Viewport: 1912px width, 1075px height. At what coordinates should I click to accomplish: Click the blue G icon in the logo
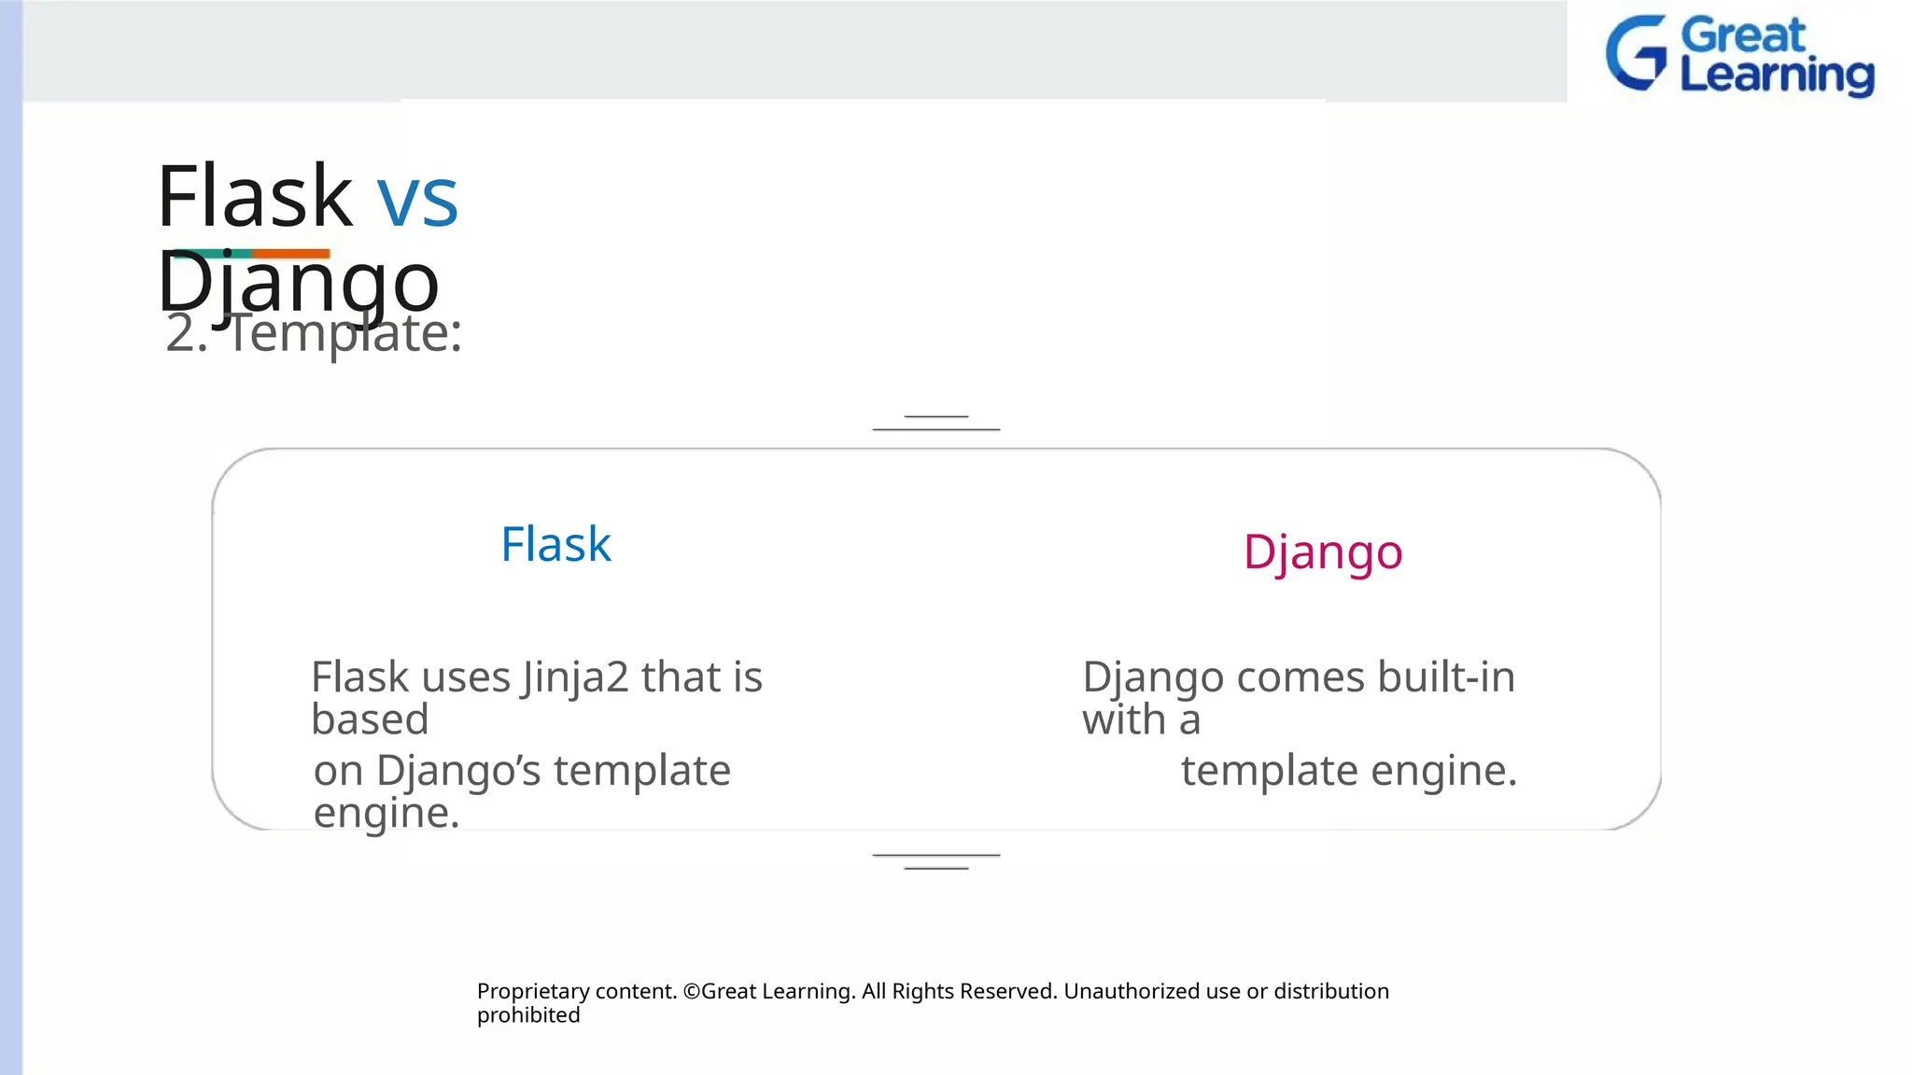click(1636, 53)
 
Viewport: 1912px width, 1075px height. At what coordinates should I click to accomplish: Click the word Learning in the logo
click(1777, 77)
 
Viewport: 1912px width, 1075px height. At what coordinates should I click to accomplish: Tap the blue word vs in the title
click(417, 199)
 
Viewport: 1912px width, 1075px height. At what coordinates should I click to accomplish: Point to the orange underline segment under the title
click(291, 253)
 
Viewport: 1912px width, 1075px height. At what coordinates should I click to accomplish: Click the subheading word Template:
click(345, 333)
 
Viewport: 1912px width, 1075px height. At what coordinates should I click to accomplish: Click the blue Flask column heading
click(555, 544)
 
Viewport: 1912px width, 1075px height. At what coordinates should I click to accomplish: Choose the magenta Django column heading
click(1322, 552)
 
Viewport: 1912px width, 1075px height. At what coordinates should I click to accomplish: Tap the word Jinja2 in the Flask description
click(575, 677)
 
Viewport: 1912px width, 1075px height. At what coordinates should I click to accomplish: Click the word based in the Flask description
click(370, 719)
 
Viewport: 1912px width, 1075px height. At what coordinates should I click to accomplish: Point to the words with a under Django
click(1140, 719)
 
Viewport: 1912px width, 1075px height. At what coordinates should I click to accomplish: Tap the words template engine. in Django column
click(1348, 771)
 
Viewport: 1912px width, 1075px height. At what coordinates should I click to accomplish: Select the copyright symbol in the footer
click(691, 991)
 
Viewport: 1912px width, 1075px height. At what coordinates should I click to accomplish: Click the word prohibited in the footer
click(528, 1015)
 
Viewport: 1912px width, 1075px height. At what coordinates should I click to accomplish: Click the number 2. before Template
click(186, 333)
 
